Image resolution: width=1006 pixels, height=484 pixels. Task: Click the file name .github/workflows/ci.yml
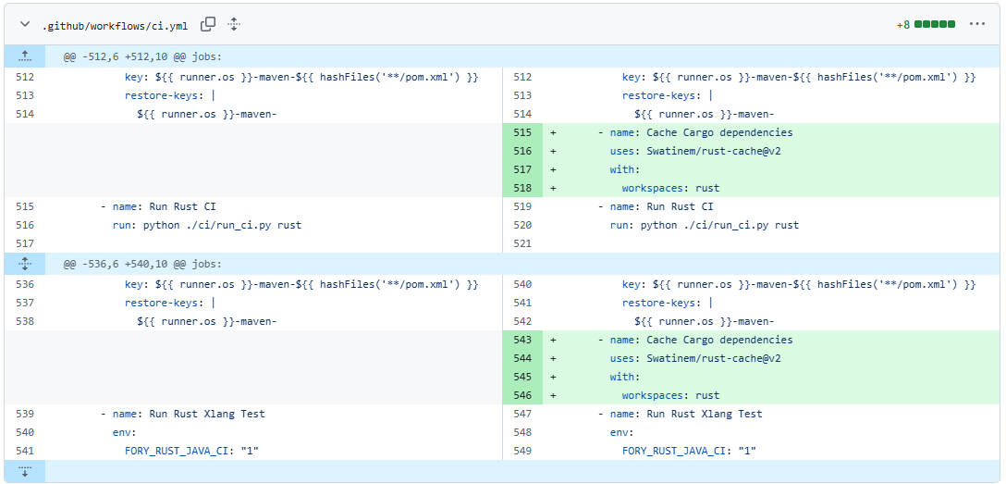pyautogui.click(x=115, y=25)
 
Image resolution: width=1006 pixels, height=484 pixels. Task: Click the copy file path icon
pyautogui.click(x=208, y=24)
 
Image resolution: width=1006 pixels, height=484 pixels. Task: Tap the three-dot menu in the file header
pyautogui.click(x=977, y=24)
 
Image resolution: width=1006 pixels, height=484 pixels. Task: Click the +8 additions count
pyautogui.click(x=903, y=25)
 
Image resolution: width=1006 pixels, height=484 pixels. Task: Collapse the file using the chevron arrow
pyautogui.click(x=25, y=24)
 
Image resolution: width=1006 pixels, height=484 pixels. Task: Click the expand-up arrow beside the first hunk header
pyautogui.click(x=25, y=56)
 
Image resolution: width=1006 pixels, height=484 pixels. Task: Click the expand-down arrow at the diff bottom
pyautogui.click(x=25, y=471)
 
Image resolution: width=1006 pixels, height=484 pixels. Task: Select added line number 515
pyautogui.click(x=523, y=133)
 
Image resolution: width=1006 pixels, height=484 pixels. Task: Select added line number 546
pyautogui.click(x=523, y=395)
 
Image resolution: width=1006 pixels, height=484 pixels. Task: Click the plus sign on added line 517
pyautogui.click(x=553, y=170)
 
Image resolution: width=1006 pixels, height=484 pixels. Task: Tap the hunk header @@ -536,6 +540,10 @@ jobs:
pyautogui.click(x=142, y=264)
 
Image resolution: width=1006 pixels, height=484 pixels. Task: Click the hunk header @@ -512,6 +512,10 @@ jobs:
pyautogui.click(x=142, y=56)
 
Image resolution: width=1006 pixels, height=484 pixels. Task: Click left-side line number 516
pyautogui.click(x=25, y=225)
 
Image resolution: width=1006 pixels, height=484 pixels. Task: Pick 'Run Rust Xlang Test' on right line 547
pyautogui.click(x=705, y=414)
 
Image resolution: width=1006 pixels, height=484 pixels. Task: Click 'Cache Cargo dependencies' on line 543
pyautogui.click(x=720, y=340)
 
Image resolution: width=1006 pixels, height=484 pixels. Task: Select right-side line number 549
pyautogui.click(x=523, y=451)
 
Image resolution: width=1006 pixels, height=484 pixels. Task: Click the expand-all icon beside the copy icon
pyautogui.click(x=234, y=24)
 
